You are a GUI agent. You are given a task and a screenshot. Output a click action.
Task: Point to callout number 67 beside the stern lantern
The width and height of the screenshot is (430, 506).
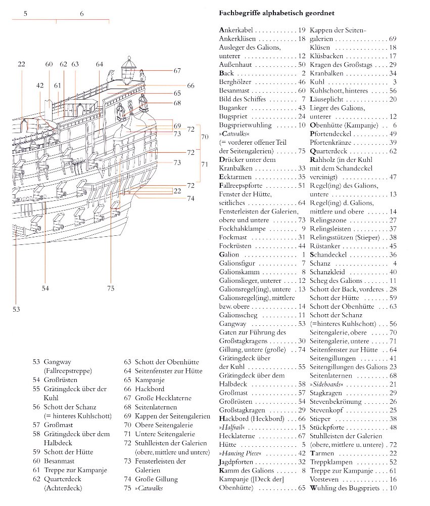tap(177, 71)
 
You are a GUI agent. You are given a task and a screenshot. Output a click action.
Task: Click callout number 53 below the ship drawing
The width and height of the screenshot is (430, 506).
tap(17, 308)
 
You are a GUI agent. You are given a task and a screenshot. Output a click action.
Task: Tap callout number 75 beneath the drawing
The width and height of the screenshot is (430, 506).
tap(111, 288)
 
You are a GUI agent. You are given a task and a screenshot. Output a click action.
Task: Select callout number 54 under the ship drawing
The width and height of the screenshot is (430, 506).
tap(45, 288)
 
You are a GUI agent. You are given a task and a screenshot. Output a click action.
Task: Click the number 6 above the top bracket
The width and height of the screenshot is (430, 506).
tap(82, 14)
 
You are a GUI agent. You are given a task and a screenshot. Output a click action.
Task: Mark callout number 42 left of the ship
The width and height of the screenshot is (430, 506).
tap(40, 86)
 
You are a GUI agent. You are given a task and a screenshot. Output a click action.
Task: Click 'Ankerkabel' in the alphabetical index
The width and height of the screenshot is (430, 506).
tap(236, 30)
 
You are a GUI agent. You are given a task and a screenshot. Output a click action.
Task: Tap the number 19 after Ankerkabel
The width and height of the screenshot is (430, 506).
tap(302, 30)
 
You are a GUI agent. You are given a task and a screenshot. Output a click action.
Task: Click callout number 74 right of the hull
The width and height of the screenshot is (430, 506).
tap(190, 199)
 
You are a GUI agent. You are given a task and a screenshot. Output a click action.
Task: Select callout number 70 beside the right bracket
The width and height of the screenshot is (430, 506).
tap(205, 137)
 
